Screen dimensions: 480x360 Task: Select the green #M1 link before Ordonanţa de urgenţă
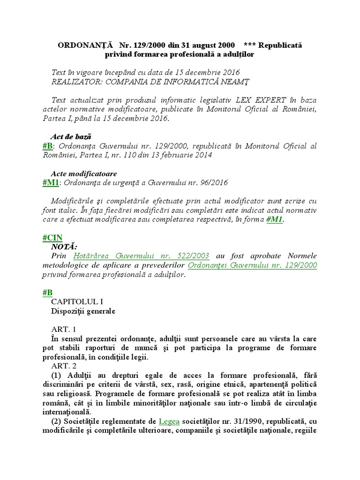click(51, 182)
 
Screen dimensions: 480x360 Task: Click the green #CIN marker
click(52, 238)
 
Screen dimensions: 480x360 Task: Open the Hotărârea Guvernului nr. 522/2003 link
click(141, 256)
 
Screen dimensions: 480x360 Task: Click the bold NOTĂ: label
click(64, 247)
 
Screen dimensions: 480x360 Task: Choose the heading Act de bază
click(70, 136)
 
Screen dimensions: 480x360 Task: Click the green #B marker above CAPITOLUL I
click(47, 292)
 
